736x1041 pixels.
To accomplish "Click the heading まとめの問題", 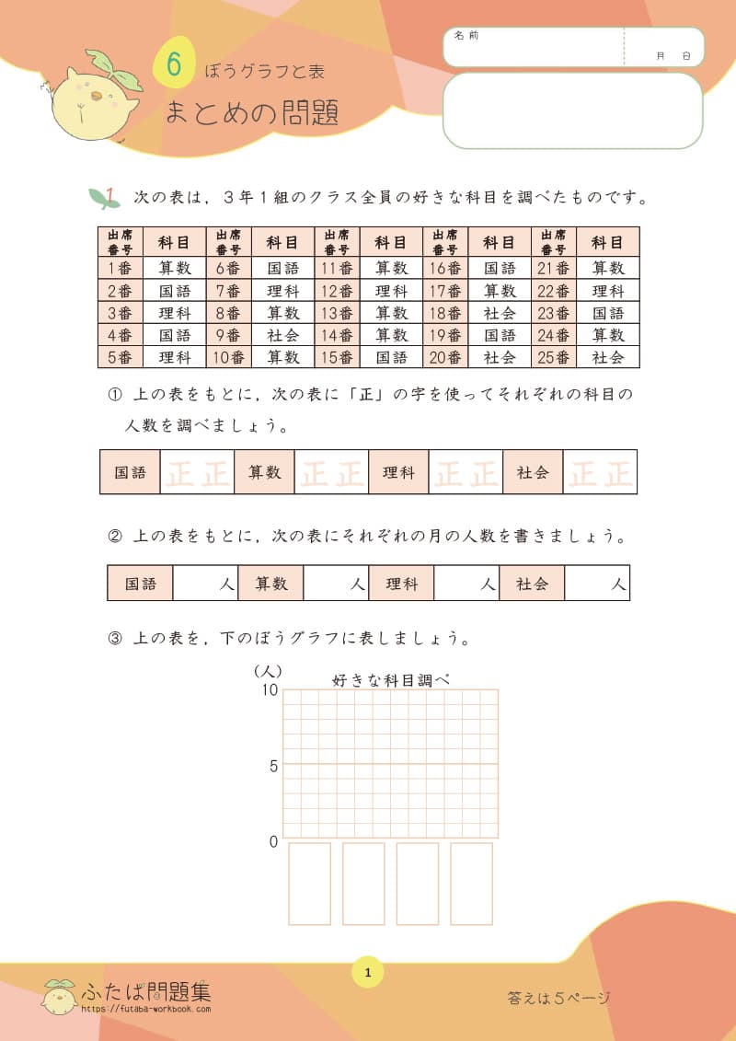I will pos(252,112).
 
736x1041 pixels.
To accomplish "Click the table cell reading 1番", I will pos(120,269).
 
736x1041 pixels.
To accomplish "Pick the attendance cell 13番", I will pos(337,313).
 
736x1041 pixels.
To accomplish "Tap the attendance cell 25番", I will pos(554,357).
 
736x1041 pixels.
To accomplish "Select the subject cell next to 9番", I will pos(282,335).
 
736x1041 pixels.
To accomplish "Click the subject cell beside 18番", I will pos(500,313).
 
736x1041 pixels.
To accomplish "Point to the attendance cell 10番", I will pos(228,357).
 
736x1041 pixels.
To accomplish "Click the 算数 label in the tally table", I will pos(264,472).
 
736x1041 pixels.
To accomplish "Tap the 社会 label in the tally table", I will pos(533,472).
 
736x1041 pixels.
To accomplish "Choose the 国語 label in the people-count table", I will pos(140,584).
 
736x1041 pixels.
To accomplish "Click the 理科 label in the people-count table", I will pos(401,584).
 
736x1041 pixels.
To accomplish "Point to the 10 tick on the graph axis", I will pos(270,691).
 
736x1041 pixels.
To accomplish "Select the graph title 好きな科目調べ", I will pos(391,680).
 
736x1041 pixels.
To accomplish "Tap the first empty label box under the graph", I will pos(309,884).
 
